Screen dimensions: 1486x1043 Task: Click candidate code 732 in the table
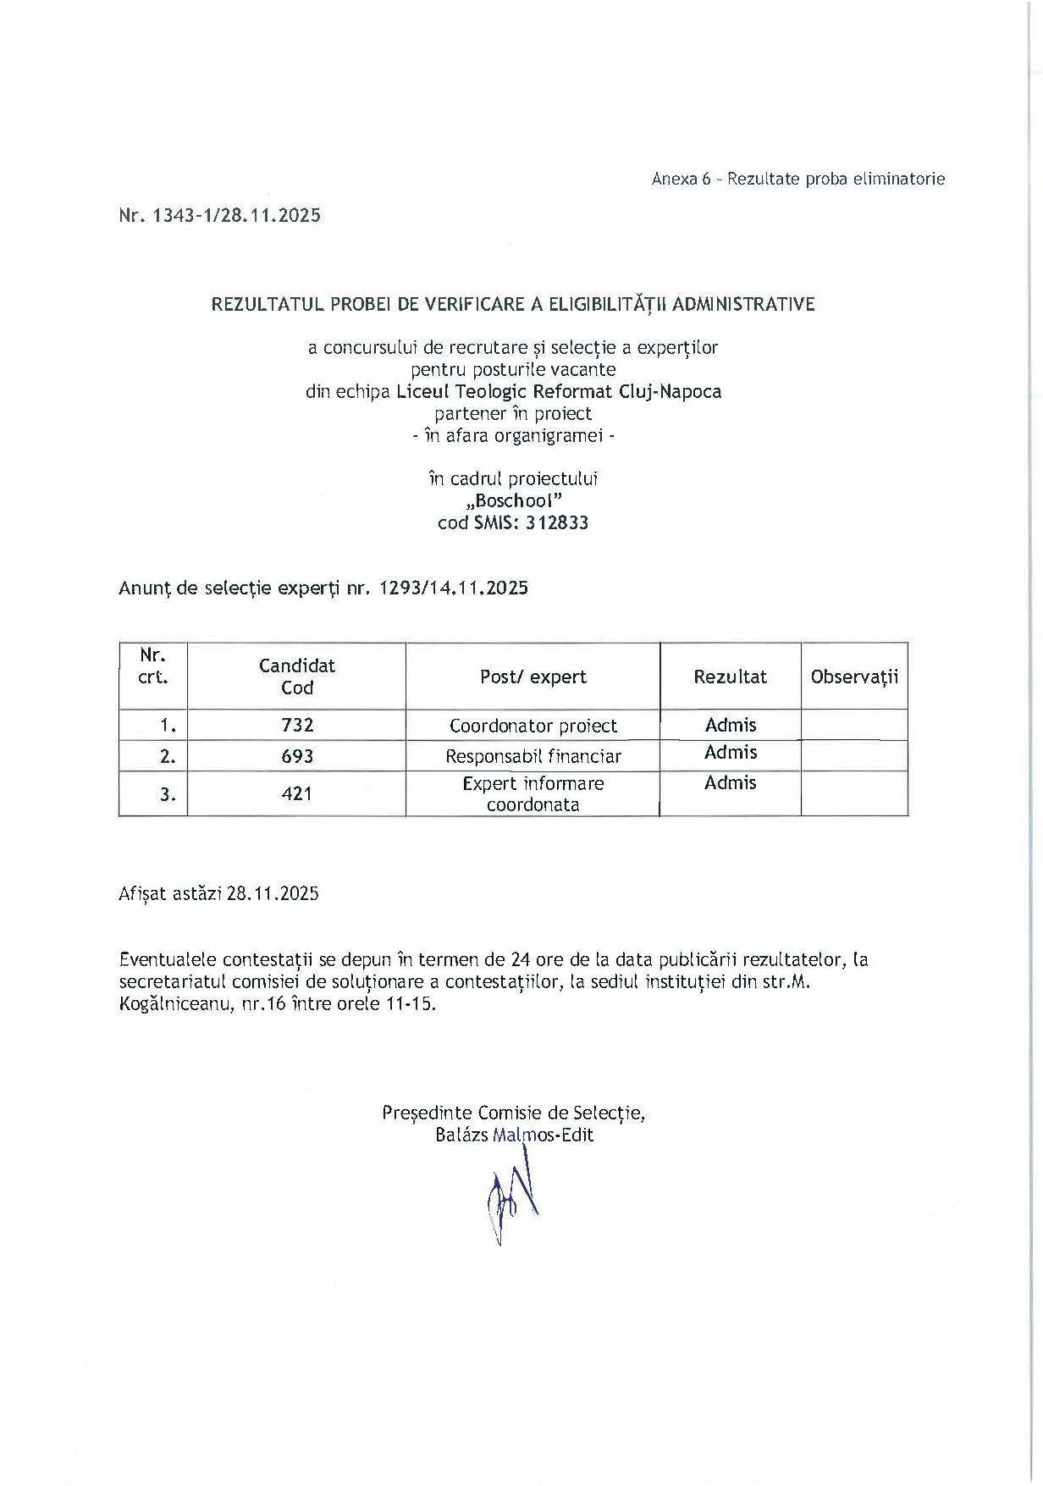click(x=297, y=726)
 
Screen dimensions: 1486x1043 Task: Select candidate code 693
click(x=297, y=756)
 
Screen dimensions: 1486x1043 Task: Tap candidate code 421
click(x=297, y=794)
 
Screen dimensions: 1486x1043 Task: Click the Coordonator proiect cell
click(x=533, y=726)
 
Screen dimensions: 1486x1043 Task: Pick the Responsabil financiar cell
click(x=533, y=756)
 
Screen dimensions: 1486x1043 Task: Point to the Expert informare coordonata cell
click(x=533, y=794)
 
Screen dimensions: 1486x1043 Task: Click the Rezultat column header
click(x=730, y=677)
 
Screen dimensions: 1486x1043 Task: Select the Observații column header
click(x=854, y=677)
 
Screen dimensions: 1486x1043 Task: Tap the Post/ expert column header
click(x=533, y=677)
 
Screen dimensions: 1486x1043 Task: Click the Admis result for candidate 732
click(x=731, y=725)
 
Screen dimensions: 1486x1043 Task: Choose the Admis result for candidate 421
click(x=730, y=783)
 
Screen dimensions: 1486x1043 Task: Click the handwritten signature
click(x=512, y=1198)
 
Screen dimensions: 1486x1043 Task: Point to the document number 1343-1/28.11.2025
click(x=236, y=216)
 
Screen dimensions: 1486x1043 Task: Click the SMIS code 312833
click(x=557, y=523)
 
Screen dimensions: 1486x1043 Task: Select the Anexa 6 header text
click(x=797, y=180)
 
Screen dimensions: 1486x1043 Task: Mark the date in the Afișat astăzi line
click(x=273, y=894)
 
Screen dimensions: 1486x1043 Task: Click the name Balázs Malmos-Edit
click(x=514, y=1135)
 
